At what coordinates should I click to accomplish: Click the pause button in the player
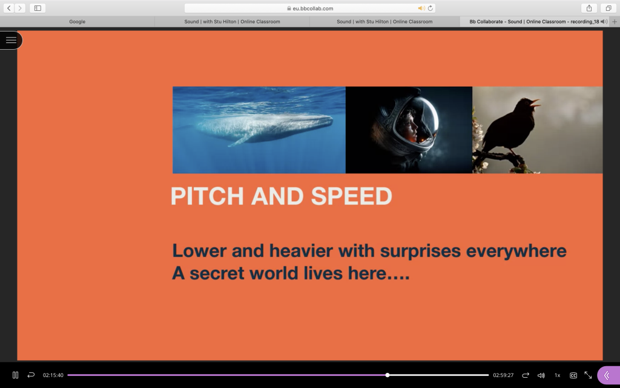(15, 375)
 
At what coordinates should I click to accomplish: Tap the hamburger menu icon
(11, 40)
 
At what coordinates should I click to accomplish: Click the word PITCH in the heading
(207, 196)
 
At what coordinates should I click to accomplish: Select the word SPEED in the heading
(352, 196)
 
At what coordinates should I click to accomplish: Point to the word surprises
(420, 251)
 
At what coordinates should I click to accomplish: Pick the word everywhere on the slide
(516, 251)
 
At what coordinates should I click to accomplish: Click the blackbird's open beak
(535, 103)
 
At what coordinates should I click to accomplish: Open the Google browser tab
(77, 21)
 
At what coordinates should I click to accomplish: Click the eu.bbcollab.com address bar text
(313, 8)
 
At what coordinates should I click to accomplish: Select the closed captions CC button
(573, 375)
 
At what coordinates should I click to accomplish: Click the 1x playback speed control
(557, 375)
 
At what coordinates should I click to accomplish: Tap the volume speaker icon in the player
(541, 375)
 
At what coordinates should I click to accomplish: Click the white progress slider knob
(387, 375)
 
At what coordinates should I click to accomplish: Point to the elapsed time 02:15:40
(53, 375)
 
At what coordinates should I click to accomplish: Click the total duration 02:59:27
(503, 375)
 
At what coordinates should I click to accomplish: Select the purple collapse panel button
(608, 375)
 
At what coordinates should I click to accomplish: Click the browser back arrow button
(8, 8)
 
